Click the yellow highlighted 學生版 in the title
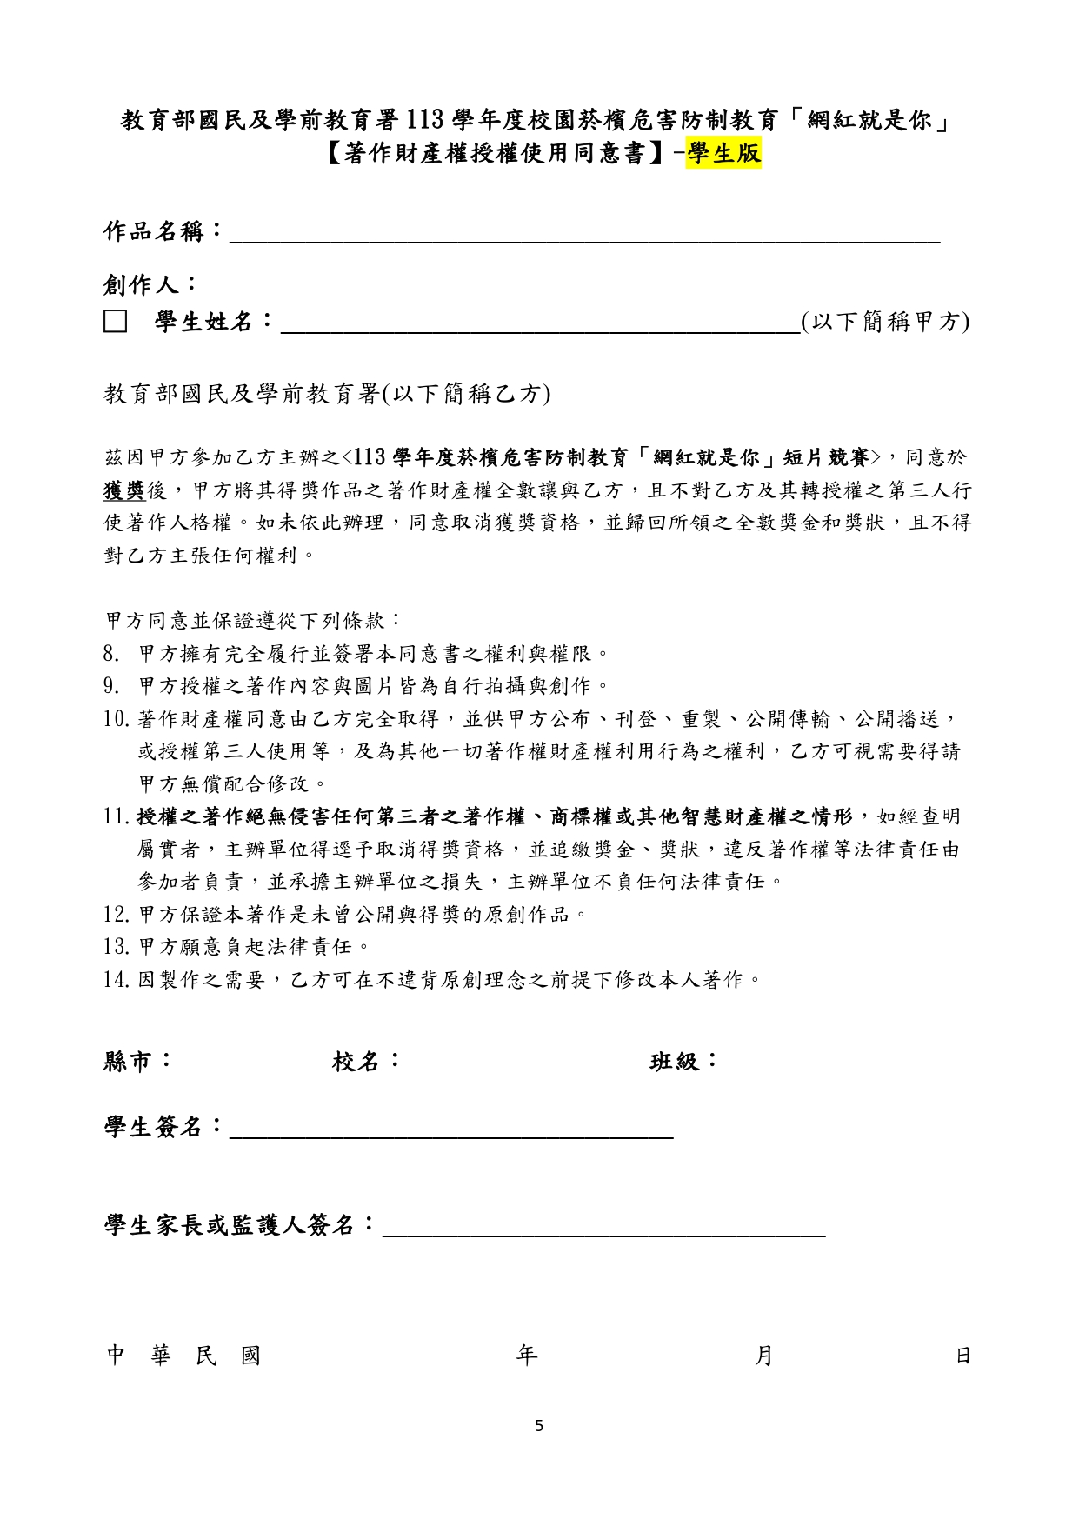point(723,153)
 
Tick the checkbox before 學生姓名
point(116,323)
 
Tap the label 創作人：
point(150,283)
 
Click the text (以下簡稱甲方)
point(884,322)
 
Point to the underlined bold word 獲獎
point(123,490)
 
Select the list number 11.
point(116,816)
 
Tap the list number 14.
point(116,980)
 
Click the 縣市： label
point(138,1061)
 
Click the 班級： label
point(684,1061)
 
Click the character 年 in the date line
point(527,1355)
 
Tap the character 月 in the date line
point(763,1355)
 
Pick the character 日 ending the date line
point(962,1355)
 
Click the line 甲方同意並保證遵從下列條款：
point(253,620)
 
